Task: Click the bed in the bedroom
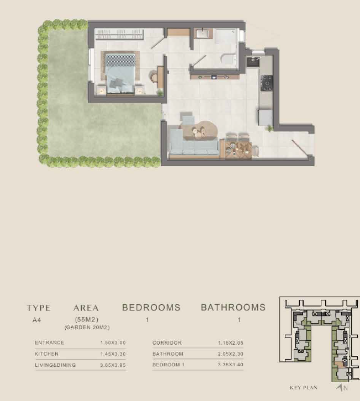point(120,73)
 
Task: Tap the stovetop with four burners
point(267,83)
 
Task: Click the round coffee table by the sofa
point(204,130)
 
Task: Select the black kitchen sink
point(253,62)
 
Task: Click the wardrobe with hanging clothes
point(119,34)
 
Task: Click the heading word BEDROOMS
point(151,307)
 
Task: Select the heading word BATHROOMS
point(233,307)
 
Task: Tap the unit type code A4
point(36,320)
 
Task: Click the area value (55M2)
point(87,319)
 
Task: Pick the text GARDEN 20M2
point(87,328)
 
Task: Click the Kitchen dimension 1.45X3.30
point(113,354)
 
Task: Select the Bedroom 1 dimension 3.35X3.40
point(230,365)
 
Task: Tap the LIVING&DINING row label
point(55,365)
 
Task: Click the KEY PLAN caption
point(304,388)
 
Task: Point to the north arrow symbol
point(340,388)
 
